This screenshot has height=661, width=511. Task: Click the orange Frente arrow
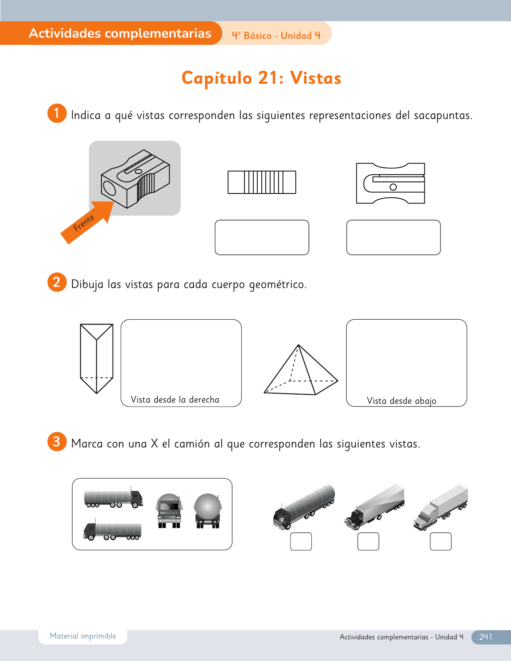87,223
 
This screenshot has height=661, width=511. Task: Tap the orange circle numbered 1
57,113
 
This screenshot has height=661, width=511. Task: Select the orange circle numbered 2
57,282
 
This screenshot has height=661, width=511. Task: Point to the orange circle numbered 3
57,442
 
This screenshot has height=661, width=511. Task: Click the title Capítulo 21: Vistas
261,78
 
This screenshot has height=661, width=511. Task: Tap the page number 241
485,637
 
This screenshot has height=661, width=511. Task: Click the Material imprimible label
83,636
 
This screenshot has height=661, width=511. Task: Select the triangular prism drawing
97,359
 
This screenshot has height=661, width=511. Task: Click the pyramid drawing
301,370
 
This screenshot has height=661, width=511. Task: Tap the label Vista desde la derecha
175,399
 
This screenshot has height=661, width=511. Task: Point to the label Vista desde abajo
402,401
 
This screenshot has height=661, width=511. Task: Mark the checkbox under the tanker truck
301,541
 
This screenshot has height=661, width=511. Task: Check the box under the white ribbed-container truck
440,541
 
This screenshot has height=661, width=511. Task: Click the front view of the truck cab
169,511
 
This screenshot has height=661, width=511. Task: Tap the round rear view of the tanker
208,511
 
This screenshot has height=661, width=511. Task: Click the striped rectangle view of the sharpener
262,182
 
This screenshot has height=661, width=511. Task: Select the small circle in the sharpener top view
393,187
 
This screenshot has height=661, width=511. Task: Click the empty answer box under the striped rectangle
262,237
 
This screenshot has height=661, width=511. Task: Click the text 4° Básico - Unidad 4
276,36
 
